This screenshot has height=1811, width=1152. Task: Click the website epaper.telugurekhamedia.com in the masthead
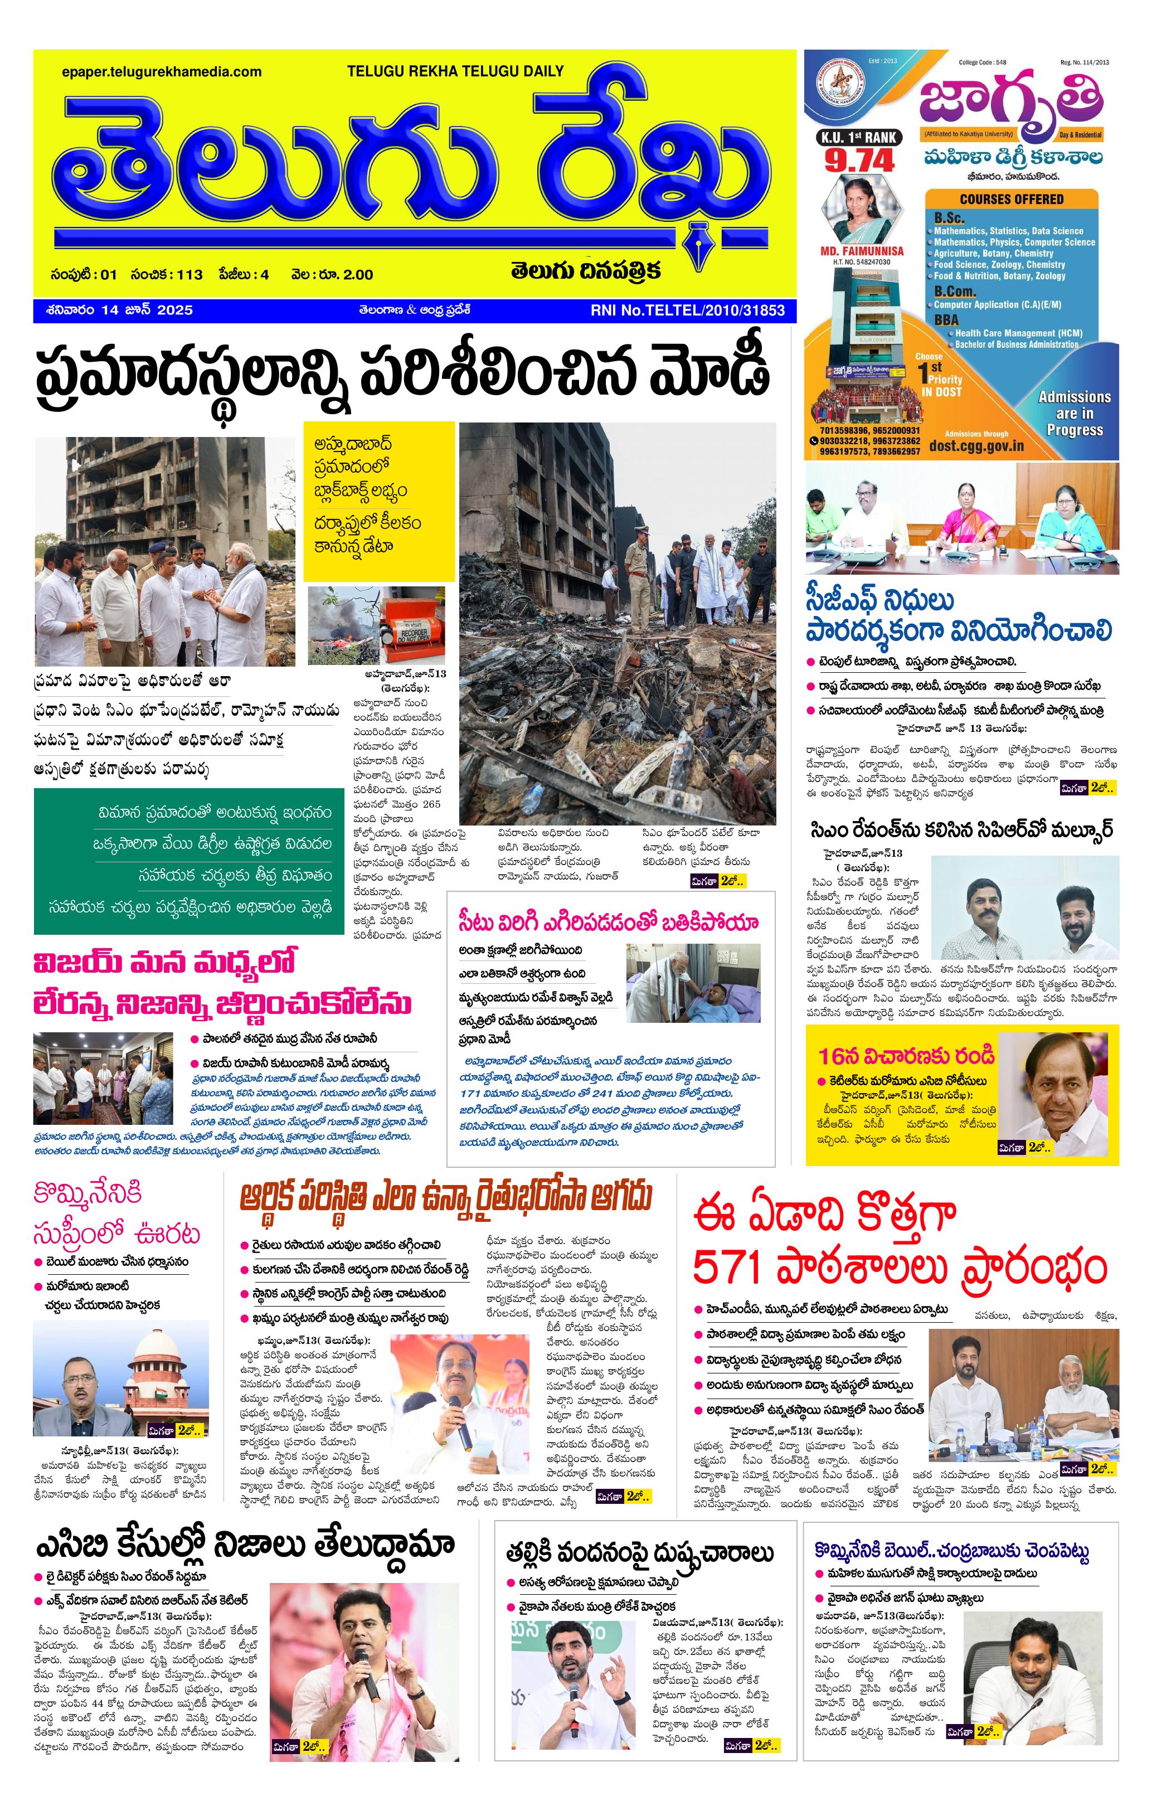(162, 72)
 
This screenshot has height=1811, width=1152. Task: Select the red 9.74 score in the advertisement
(859, 160)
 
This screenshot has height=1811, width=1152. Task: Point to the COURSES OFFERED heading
(1012, 200)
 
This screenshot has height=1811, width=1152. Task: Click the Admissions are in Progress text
(1074, 413)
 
